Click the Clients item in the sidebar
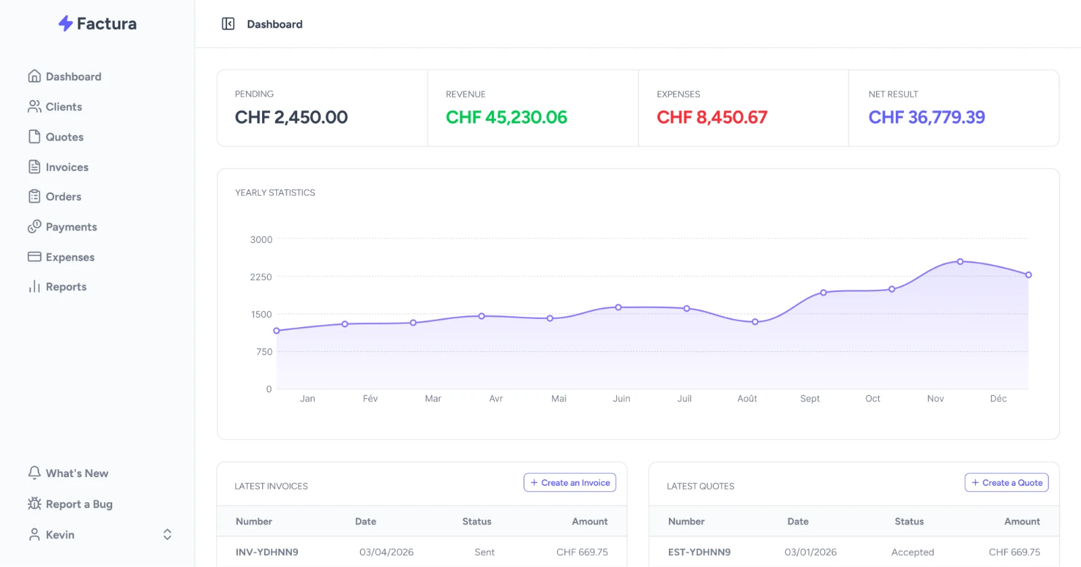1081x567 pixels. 55,107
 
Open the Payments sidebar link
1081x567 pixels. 62,227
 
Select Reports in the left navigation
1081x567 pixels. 57,287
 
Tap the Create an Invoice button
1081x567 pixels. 570,483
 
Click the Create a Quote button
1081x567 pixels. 1006,483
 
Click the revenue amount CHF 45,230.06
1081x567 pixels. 506,118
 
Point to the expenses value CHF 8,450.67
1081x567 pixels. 712,118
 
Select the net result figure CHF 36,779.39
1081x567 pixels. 926,118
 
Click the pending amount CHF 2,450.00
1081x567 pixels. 291,118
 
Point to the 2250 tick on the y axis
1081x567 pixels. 261,277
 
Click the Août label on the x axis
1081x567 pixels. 747,399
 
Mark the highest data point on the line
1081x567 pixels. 960,262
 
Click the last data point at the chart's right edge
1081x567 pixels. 1028,274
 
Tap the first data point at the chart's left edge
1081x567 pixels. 276,330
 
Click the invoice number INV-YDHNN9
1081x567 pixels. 267,552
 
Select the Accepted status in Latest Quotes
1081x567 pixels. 913,552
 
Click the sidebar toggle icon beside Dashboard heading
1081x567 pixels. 228,24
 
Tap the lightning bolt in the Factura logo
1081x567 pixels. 66,23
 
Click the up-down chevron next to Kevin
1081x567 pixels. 167,535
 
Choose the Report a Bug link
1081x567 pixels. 70,503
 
